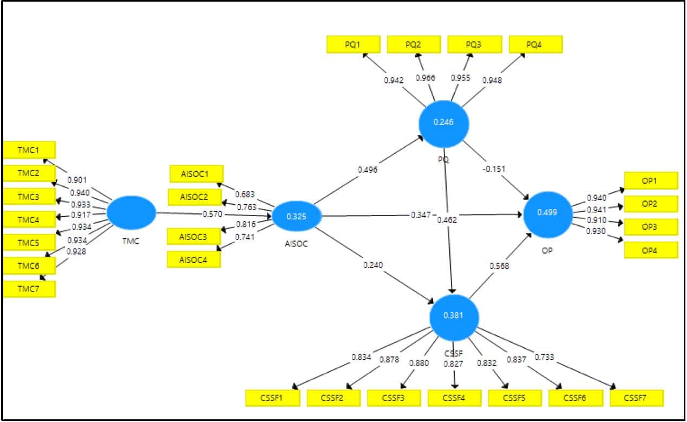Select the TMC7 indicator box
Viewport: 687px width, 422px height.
29,289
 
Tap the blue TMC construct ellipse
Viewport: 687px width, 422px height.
131,212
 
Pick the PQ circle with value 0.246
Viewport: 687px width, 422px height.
443,123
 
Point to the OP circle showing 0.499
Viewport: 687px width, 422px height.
547,212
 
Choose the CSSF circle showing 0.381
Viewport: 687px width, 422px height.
454,316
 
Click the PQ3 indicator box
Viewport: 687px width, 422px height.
473,44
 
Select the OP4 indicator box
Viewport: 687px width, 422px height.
650,250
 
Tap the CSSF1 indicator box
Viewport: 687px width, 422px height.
272,398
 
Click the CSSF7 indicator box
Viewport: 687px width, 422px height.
636,398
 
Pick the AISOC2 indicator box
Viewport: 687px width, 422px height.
195,197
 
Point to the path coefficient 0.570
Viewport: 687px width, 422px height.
212,214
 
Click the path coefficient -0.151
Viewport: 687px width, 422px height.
493,168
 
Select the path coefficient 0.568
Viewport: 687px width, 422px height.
499,266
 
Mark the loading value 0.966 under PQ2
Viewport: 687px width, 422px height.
425,78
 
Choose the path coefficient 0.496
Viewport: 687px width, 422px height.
367,170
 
